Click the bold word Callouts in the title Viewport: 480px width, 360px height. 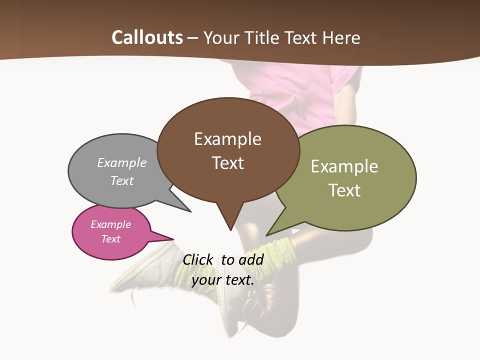point(147,37)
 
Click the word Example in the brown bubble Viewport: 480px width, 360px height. point(227,139)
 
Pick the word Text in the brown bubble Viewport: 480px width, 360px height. point(227,163)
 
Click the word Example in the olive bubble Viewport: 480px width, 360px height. point(344,166)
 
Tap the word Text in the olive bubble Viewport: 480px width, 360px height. point(344,190)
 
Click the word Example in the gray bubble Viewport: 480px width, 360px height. point(122,162)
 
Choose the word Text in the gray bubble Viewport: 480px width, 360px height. point(122,180)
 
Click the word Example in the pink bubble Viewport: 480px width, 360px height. point(110,224)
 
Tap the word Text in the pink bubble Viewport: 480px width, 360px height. point(110,239)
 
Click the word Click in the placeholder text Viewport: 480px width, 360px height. point(197,259)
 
